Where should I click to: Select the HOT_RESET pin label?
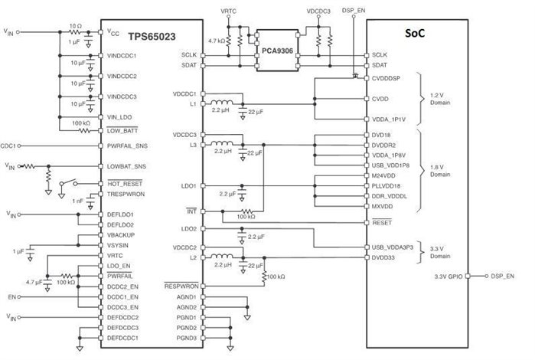point(122,184)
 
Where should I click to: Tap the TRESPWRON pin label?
point(124,195)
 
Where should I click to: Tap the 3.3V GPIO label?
point(449,276)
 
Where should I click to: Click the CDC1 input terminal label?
point(10,144)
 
